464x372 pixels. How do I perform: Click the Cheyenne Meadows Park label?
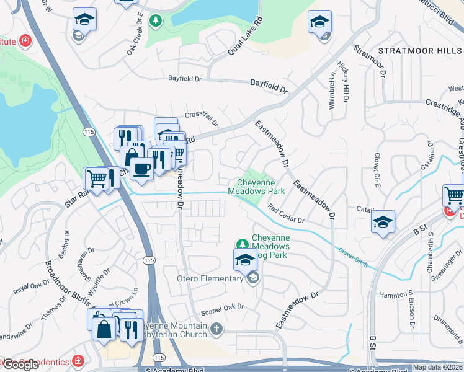pyautogui.click(x=261, y=187)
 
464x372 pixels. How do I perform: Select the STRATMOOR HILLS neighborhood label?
pyautogui.click(x=420, y=50)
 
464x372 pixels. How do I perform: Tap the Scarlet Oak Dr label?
pyautogui.click(x=221, y=307)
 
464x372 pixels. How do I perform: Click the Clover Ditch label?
pyautogui.click(x=353, y=257)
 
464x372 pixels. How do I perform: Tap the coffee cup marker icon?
pyautogui.click(x=142, y=168)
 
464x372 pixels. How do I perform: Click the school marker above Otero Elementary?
pyautogui.click(x=245, y=260)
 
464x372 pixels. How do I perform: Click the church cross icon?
pyautogui.click(x=216, y=327)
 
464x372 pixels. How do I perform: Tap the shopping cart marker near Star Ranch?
pyautogui.click(x=97, y=179)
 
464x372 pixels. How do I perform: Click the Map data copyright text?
pyautogui.click(x=437, y=367)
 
